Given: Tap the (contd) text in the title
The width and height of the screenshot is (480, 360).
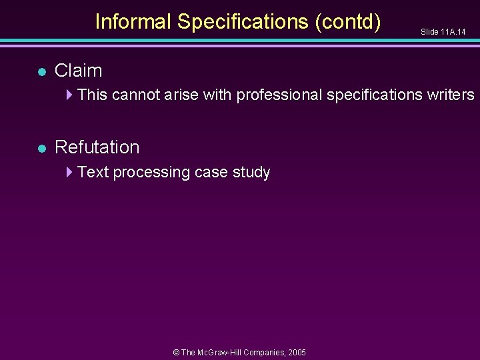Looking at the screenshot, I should click(x=348, y=22).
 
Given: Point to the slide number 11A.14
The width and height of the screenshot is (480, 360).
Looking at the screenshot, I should click(x=453, y=32).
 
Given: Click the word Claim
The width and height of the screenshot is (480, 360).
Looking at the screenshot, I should click(x=78, y=71).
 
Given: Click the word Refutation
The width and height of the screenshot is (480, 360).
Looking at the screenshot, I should click(x=97, y=147).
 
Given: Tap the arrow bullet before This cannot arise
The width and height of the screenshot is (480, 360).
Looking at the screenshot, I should click(x=70, y=95).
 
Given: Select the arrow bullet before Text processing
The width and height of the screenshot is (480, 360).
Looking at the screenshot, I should click(x=70, y=172).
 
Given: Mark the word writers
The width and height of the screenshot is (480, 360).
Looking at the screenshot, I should click(x=451, y=95).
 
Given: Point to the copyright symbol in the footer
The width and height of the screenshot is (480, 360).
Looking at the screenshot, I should click(x=176, y=352).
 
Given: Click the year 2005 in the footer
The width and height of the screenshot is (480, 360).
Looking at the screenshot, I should click(x=297, y=352).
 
